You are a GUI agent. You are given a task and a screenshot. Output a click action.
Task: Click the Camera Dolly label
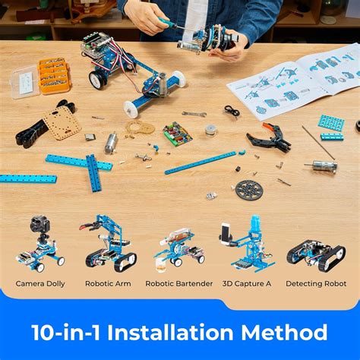pyautogui.click(x=40, y=284)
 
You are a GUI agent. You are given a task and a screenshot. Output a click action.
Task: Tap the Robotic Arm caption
pyautogui.click(x=107, y=284)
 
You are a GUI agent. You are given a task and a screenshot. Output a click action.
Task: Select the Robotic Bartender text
pyautogui.click(x=179, y=284)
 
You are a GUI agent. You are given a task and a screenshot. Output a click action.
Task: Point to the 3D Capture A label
pyautogui.click(x=247, y=284)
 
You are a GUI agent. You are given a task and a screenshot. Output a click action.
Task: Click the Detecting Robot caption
pyautogui.click(x=316, y=284)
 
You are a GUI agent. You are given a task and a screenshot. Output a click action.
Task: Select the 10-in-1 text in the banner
pyautogui.click(x=66, y=332)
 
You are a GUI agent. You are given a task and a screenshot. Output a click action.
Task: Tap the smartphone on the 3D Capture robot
pyautogui.click(x=226, y=231)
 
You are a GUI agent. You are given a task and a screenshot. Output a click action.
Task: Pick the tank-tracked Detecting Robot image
pyautogui.click(x=316, y=254)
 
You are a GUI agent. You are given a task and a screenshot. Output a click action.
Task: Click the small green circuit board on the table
pyautogui.click(x=178, y=134)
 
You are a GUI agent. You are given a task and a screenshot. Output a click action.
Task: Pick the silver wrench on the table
pyautogui.click(x=194, y=114)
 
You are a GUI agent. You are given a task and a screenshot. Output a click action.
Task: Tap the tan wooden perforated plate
pyautogui.click(x=62, y=121)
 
